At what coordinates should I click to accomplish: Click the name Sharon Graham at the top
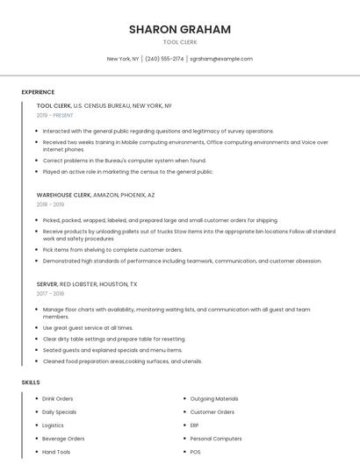(180, 29)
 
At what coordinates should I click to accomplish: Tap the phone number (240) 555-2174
(164, 59)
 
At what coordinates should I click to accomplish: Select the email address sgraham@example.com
(221, 59)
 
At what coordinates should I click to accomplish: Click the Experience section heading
(38, 91)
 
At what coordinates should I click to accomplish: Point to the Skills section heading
(31, 383)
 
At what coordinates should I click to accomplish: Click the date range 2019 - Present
(55, 115)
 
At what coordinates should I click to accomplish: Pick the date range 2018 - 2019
(50, 204)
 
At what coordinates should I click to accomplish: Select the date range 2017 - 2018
(50, 294)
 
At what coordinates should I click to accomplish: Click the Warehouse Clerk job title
(63, 195)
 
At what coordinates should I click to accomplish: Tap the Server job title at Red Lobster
(47, 284)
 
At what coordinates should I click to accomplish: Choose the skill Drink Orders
(58, 398)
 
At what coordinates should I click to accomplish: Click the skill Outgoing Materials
(214, 398)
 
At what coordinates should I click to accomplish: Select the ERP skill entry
(195, 425)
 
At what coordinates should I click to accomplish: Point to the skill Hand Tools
(56, 452)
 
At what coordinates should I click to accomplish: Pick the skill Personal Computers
(216, 438)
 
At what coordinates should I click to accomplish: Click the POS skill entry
(196, 452)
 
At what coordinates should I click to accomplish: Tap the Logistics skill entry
(54, 425)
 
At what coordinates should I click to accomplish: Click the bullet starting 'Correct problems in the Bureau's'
(125, 161)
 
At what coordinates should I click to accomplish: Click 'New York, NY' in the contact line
(123, 59)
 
